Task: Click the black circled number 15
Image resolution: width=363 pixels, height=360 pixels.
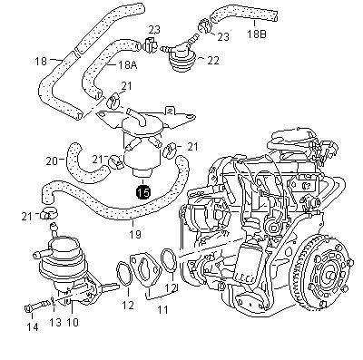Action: [143, 191]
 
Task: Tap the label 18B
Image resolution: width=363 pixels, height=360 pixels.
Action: [256, 34]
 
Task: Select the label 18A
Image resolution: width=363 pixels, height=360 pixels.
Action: [127, 64]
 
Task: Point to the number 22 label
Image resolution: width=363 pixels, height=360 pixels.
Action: [212, 61]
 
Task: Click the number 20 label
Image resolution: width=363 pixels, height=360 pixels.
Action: [52, 161]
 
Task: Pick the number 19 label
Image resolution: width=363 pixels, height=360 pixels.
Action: [134, 234]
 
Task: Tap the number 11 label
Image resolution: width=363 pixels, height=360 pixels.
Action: [162, 310]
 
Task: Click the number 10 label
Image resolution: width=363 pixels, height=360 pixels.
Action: [72, 322]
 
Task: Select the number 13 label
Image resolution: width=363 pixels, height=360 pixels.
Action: [55, 322]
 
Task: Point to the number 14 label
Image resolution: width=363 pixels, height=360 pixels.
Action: [33, 326]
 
